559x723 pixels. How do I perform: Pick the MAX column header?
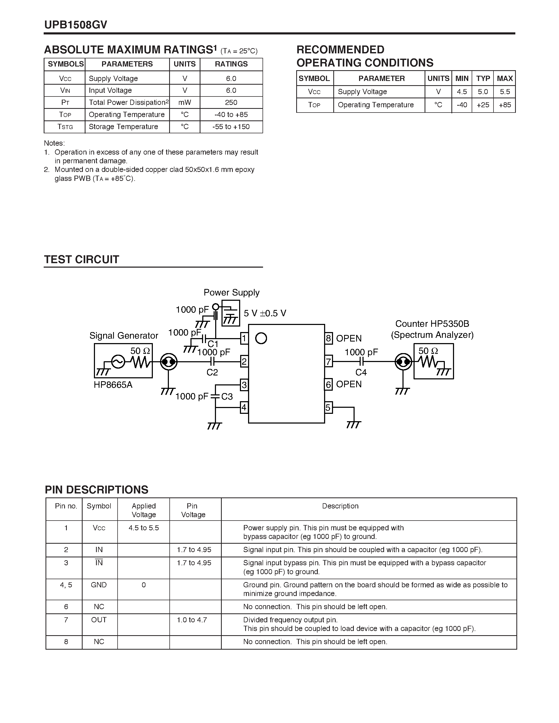pos(504,78)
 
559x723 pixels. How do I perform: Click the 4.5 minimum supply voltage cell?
pos(462,92)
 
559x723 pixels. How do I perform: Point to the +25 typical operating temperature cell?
pos(482,105)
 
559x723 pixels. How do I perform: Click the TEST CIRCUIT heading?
pos(82,259)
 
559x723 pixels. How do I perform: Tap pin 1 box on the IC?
pos(244,338)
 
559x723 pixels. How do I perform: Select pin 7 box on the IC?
pos(328,361)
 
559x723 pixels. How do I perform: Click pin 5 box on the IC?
pos(328,407)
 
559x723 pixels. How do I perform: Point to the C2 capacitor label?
pos(212,373)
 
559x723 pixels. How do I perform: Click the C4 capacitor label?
pos(361,373)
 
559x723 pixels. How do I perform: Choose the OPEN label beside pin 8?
pos(349,338)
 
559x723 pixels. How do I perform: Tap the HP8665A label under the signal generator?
pos(113,385)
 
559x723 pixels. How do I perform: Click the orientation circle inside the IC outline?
pos(261,338)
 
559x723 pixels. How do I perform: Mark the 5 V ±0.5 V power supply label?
pos(265,313)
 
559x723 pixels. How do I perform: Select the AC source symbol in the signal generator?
pos(118,361)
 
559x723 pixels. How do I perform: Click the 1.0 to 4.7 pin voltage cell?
pos(192,620)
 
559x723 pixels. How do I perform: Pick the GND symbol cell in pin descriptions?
pos(99,585)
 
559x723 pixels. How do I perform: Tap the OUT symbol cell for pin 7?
pos(99,620)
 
